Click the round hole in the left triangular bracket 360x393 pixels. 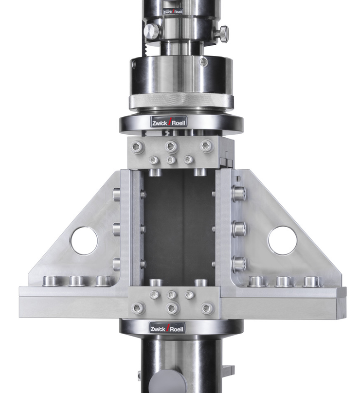[84, 241]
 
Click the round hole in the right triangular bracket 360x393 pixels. [282, 240]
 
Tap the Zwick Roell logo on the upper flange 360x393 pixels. [168, 122]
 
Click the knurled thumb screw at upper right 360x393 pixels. [222, 34]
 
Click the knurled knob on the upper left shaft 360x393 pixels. [152, 32]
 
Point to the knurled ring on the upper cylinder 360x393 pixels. [181, 101]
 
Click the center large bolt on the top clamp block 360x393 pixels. [171, 146]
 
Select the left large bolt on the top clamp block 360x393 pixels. [138, 147]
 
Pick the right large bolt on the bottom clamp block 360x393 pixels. [207, 308]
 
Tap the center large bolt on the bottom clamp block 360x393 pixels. [172, 308]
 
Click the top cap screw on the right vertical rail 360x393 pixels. [238, 193]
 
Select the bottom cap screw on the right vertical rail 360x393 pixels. [238, 264]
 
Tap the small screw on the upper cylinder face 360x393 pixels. [204, 62]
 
